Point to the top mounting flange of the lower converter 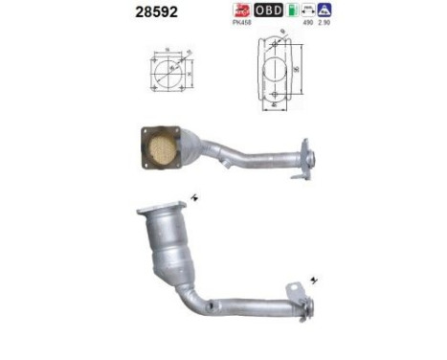(x=159, y=209)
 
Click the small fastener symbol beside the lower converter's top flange (x=195, y=197)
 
